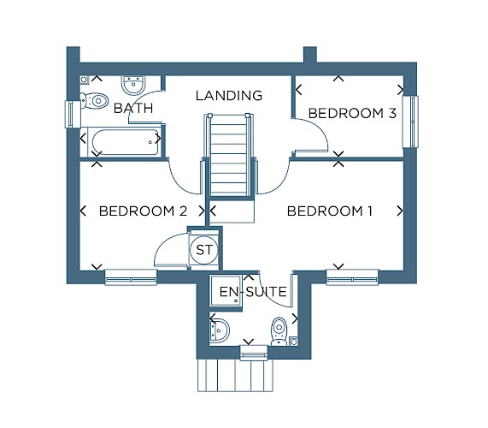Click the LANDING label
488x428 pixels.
(x=229, y=95)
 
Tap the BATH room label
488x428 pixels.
(x=133, y=108)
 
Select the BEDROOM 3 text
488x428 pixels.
(x=352, y=113)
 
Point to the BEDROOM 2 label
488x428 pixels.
(x=143, y=211)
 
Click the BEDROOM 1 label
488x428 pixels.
(x=330, y=211)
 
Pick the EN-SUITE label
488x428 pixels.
(x=253, y=292)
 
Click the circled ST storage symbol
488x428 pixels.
(x=204, y=250)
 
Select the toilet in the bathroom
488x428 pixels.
(x=94, y=100)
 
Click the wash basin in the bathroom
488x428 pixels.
(x=133, y=85)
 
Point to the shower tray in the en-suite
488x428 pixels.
(x=226, y=290)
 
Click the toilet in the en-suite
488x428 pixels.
(x=279, y=331)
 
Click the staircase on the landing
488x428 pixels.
(x=229, y=155)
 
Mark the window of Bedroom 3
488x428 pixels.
(x=410, y=122)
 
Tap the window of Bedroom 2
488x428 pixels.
(x=131, y=276)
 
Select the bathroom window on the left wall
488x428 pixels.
(x=73, y=114)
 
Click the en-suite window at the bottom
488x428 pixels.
(x=254, y=353)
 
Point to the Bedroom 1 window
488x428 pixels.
(x=352, y=276)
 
